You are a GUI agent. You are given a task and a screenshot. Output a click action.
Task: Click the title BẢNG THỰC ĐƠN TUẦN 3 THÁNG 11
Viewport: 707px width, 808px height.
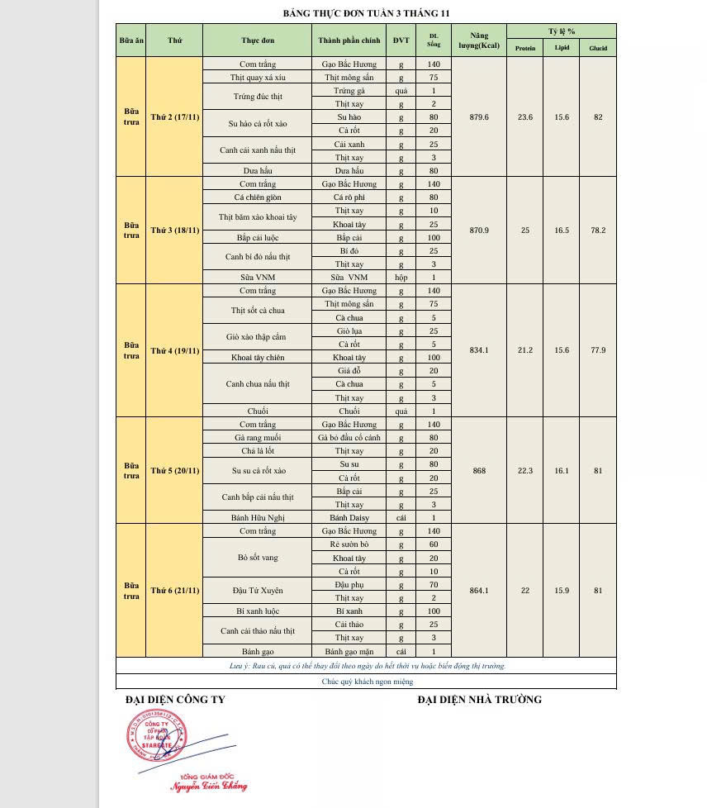click(x=366, y=13)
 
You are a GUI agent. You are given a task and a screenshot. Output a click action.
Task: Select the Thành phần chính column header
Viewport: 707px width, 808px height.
click(x=349, y=40)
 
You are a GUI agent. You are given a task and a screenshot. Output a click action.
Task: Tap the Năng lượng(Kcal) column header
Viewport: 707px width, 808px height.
click(x=479, y=40)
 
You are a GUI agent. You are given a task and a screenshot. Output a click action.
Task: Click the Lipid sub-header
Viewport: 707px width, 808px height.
click(x=562, y=48)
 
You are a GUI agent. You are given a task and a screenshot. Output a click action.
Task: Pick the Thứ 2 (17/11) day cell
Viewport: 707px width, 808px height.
click(x=174, y=116)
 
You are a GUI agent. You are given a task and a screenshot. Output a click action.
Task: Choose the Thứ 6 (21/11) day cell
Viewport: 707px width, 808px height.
click(x=174, y=591)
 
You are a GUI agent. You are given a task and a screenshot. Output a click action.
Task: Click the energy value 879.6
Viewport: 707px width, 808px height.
click(x=479, y=117)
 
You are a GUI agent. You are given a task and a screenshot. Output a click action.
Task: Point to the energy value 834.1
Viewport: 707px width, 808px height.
click(x=479, y=350)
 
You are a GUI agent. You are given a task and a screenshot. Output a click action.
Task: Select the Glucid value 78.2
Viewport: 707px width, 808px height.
click(x=598, y=231)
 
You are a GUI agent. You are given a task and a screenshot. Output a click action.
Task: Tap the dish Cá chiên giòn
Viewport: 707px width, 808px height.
click(x=258, y=197)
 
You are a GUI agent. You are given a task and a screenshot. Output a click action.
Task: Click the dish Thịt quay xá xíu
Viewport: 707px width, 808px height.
click(x=258, y=78)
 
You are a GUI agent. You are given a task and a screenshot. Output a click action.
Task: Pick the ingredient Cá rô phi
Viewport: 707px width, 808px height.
click(x=349, y=197)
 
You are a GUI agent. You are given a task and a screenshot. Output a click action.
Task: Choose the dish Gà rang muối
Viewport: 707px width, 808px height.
click(x=258, y=438)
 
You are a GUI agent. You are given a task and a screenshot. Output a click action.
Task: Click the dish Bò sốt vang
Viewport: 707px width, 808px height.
click(x=258, y=558)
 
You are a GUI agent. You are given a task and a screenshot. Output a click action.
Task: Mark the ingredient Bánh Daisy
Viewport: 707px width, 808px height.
click(x=349, y=518)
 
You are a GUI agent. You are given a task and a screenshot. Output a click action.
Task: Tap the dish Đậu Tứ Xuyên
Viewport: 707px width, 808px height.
click(x=258, y=591)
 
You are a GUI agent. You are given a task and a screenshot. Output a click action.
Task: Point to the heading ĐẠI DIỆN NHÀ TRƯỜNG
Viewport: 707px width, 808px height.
click(x=479, y=700)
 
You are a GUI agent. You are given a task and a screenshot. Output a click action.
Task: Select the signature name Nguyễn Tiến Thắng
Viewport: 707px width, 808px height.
click(x=209, y=787)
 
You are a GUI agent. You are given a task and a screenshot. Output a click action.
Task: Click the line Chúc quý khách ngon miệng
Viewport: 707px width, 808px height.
click(x=367, y=682)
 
